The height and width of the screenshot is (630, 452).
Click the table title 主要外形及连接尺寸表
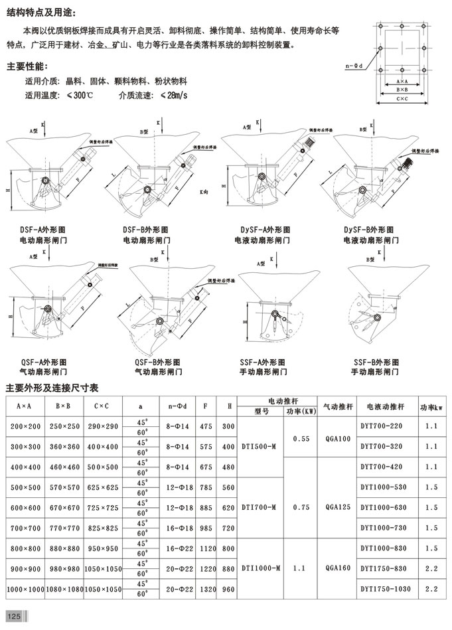(x=52, y=387)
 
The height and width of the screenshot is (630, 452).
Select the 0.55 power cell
(x=301, y=439)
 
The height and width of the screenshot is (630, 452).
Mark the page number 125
(x=15, y=617)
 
